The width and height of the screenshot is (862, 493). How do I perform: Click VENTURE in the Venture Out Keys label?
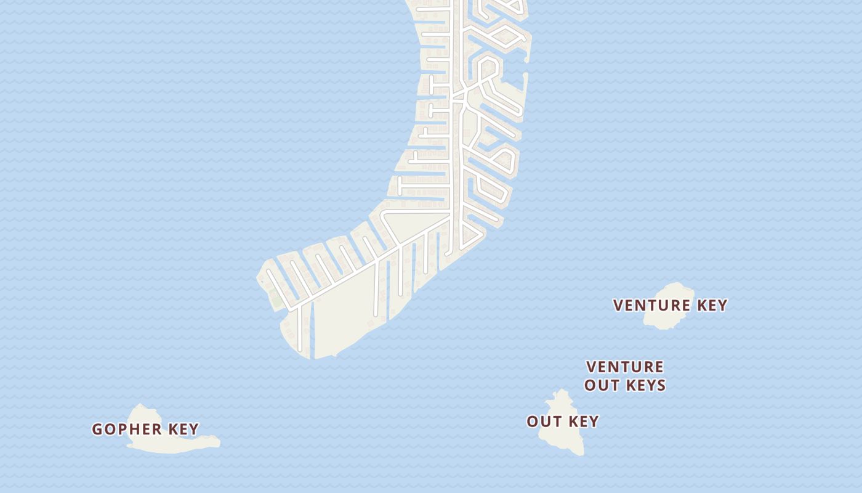(x=624, y=367)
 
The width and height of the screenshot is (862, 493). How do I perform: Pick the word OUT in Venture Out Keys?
(x=602, y=386)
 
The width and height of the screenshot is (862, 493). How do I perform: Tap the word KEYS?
(x=646, y=386)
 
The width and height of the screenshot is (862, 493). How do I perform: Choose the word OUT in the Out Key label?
(x=542, y=422)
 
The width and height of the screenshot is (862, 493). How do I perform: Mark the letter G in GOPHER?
(x=97, y=429)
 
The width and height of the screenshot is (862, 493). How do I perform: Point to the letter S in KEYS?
(x=661, y=386)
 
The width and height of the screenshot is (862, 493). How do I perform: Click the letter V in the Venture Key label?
(x=618, y=305)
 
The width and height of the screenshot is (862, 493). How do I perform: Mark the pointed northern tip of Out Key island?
(x=561, y=391)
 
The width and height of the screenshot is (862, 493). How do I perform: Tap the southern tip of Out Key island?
(x=581, y=454)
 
